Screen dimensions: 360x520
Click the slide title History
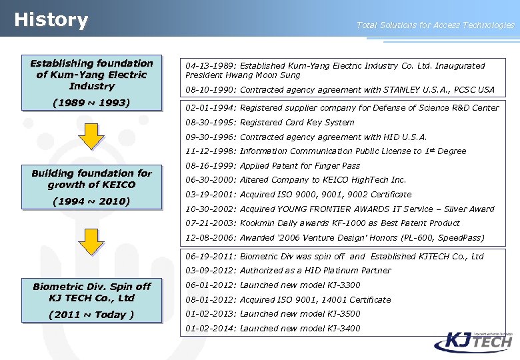[51, 20]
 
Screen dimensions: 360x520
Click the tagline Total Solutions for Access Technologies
[435, 25]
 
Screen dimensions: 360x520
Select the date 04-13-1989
[209, 66]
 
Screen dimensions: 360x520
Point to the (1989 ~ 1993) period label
[91, 103]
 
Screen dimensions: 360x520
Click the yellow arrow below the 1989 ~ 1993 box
[91, 137]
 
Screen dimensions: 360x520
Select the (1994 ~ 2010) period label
[91, 201]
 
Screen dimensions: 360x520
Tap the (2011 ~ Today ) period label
[91, 315]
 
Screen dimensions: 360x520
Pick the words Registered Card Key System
[297, 123]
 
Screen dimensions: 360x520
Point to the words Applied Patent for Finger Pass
[300, 166]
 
